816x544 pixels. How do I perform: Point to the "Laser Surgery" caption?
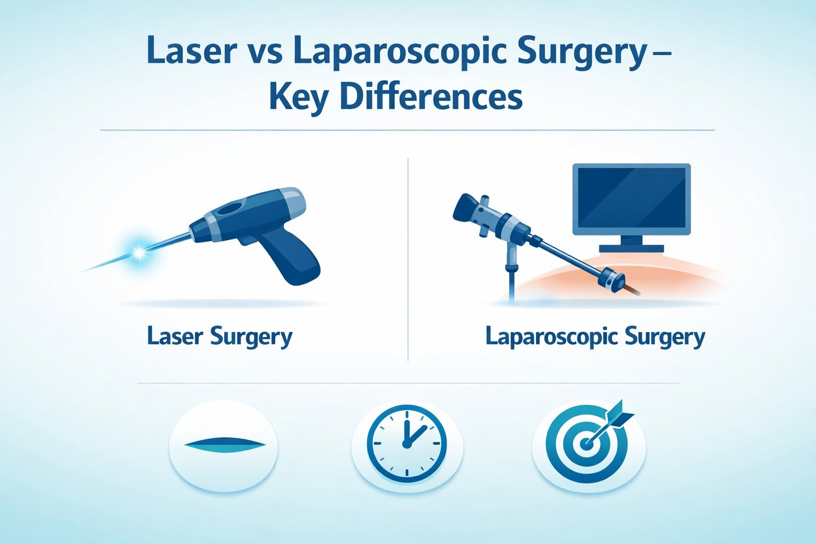(219, 337)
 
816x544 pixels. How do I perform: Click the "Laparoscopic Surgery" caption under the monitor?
(595, 337)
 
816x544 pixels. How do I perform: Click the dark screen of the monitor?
(631, 197)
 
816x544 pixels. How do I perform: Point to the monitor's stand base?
(631, 248)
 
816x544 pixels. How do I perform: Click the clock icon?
(406, 444)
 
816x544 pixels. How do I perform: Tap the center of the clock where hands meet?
(406, 444)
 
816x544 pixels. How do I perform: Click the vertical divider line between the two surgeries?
(407, 260)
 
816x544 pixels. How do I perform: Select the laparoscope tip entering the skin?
(632, 290)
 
